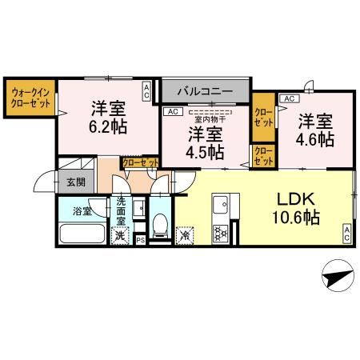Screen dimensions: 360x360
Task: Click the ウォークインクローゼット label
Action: coord(30,100)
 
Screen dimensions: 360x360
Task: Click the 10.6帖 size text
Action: coord(298,217)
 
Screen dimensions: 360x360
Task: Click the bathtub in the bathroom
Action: coord(82,235)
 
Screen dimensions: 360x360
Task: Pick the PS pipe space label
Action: coord(141,239)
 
